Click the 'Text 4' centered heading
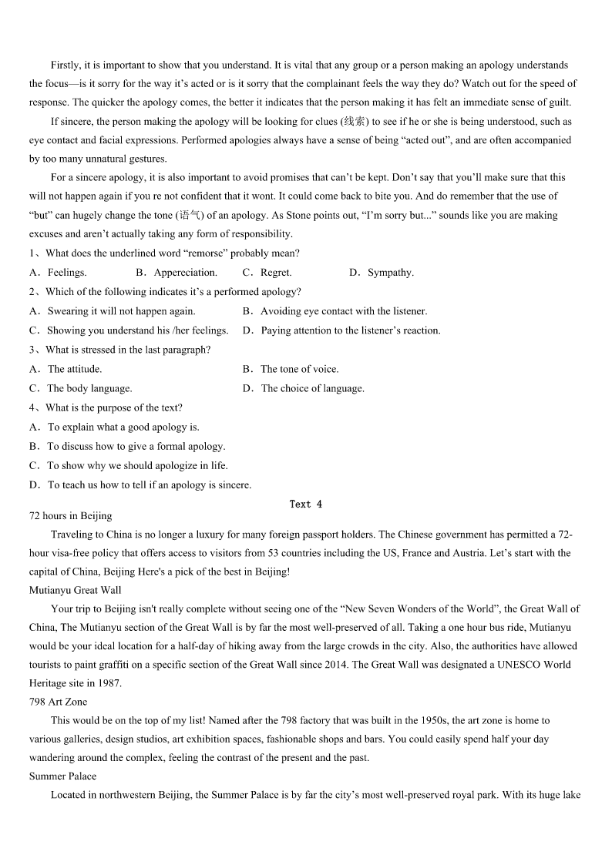click(x=306, y=505)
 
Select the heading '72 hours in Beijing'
click(x=71, y=516)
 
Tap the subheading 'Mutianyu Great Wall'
click(x=76, y=590)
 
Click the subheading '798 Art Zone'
click(x=59, y=702)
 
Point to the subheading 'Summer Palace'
click(x=63, y=776)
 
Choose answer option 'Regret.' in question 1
click(x=275, y=273)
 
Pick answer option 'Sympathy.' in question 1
click(x=390, y=273)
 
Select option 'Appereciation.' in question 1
click(x=185, y=273)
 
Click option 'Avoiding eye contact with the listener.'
click(x=343, y=311)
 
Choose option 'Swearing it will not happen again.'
click(x=121, y=311)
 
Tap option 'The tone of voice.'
click(x=299, y=369)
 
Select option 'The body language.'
click(x=89, y=388)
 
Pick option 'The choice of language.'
click(x=312, y=388)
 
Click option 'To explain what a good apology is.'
click(x=123, y=427)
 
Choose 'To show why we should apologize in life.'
click(x=137, y=465)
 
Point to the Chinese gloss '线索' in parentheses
click(x=355, y=122)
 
